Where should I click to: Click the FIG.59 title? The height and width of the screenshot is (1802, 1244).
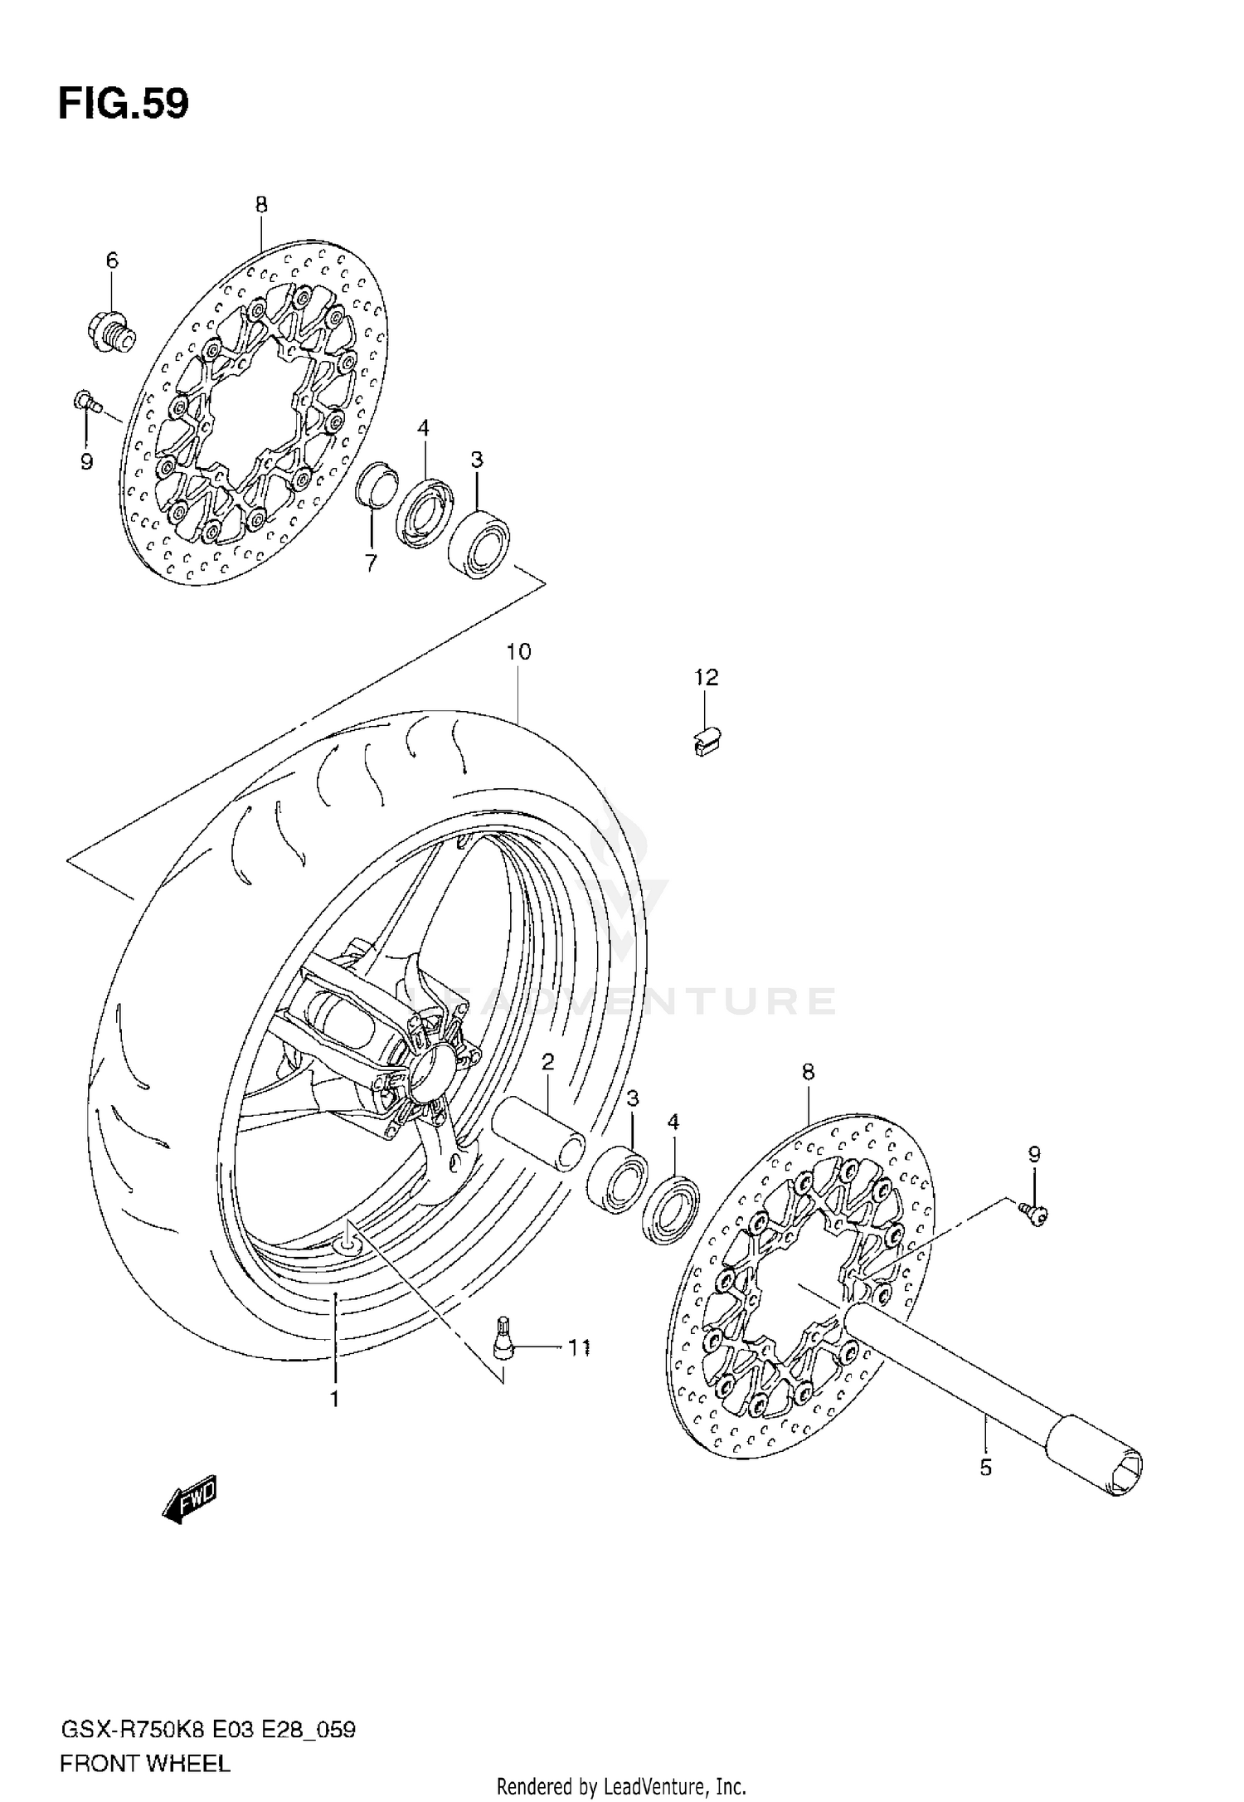point(124,105)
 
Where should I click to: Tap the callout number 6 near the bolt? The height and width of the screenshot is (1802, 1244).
point(112,261)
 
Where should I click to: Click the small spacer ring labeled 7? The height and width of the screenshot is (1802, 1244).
point(376,483)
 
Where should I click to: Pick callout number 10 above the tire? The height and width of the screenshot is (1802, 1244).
point(518,652)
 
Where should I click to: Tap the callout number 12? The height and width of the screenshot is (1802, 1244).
point(706,678)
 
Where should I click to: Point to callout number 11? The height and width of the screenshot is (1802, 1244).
point(578,1348)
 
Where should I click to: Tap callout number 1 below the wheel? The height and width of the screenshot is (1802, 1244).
point(334,1400)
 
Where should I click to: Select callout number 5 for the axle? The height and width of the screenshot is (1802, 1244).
point(985,1468)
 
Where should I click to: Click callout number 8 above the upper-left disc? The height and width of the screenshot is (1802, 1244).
point(261,205)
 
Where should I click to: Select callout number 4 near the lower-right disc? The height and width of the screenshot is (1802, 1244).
point(673,1123)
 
